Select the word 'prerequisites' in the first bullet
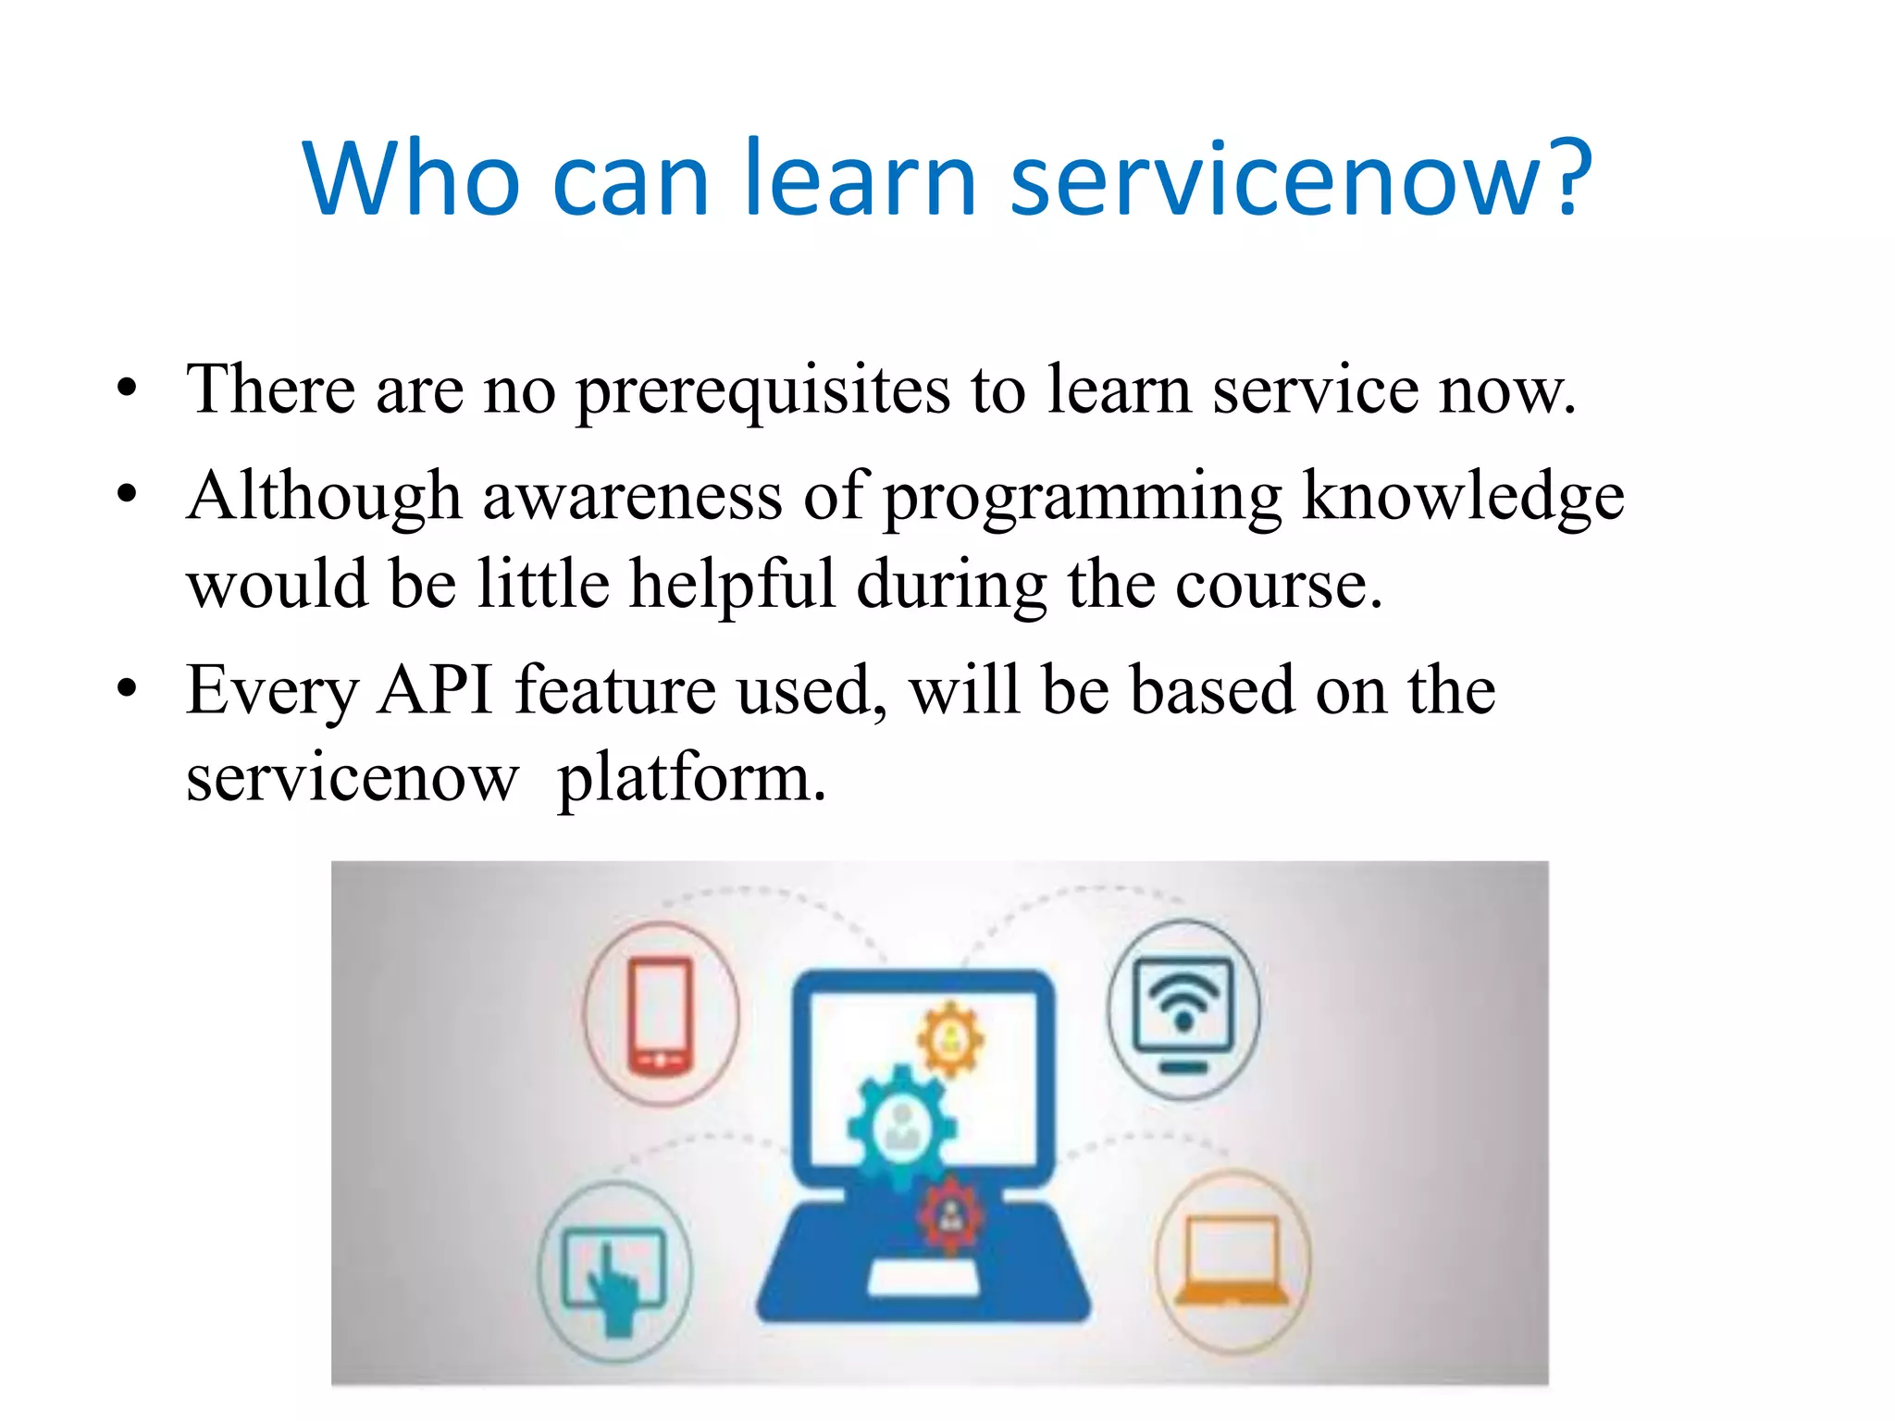(x=762, y=390)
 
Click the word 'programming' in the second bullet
(x=1083, y=498)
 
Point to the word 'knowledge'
(x=1462, y=498)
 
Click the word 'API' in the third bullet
(x=435, y=690)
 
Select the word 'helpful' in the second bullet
(x=732, y=585)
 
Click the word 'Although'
(x=324, y=498)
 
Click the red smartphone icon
(x=660, y=1015)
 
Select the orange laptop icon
(x=1232, y=1261)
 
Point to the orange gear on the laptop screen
(x=949, y=1041)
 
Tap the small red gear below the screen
(x=950, y=1215)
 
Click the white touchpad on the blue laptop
(x=923, y=1279)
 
